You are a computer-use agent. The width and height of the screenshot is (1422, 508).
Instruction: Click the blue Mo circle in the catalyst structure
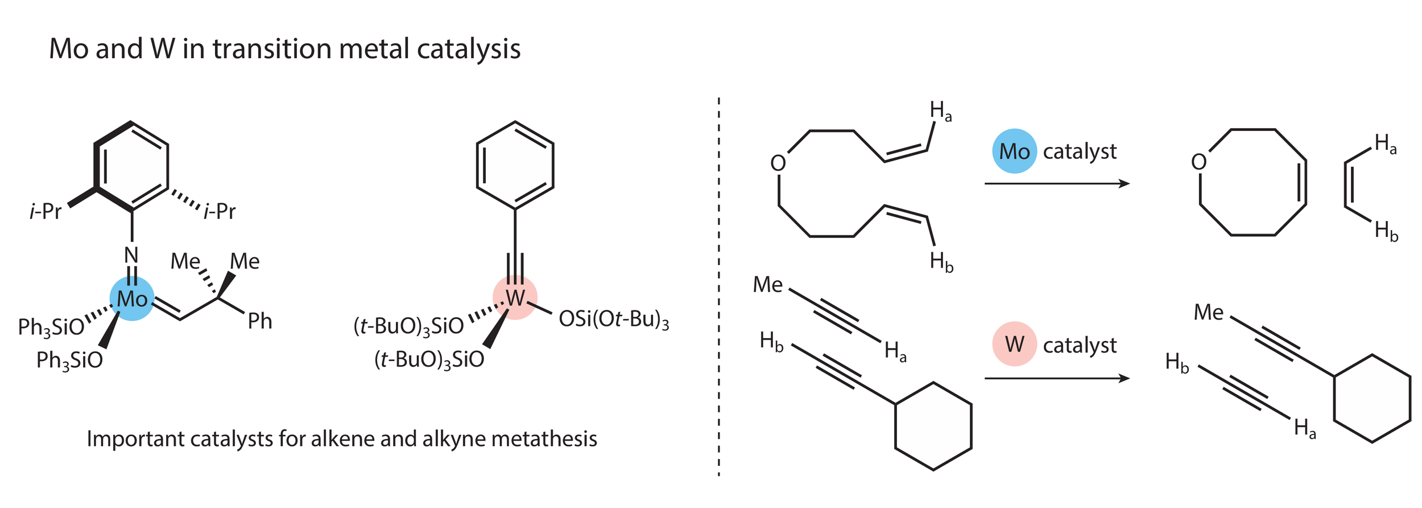click(x=132, y=299)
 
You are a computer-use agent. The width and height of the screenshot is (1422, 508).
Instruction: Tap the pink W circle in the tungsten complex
click(x=515, y=297)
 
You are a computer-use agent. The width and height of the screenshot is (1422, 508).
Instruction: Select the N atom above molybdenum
click(x=131, y=255)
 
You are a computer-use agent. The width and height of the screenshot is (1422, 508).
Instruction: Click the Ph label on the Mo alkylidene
click(x=260, y=321)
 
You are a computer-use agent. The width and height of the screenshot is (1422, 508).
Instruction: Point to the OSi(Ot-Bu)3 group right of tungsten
click(x=613, y=319)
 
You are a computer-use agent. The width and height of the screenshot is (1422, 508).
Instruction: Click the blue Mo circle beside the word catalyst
click(x=1014, y=151)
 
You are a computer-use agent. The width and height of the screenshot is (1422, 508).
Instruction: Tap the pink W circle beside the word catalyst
click(x=1014, y=344)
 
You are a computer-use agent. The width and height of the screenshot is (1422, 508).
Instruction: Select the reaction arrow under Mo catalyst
click(x=1056, y=183)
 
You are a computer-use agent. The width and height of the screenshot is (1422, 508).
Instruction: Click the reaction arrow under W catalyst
click(x=1056, y=378)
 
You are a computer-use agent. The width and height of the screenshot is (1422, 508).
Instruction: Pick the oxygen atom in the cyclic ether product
click(x=1198, y=162)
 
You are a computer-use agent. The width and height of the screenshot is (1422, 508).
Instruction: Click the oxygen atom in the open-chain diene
click(x=778, y=163)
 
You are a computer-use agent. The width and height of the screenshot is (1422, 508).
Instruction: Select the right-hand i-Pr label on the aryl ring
click(x=220, y=211)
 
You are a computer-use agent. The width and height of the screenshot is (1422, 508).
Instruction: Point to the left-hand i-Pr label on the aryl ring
click(x=46, y=211)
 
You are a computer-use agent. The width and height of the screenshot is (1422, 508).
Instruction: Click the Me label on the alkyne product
click(x=1208, y=312)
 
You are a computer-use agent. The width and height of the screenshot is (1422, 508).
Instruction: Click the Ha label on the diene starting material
click(x=940, y=111)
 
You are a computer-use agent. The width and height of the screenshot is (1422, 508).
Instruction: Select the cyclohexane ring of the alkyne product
click(x=1372, y=399)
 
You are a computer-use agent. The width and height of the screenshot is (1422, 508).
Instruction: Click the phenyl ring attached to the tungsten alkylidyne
click(x=515, y=165)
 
